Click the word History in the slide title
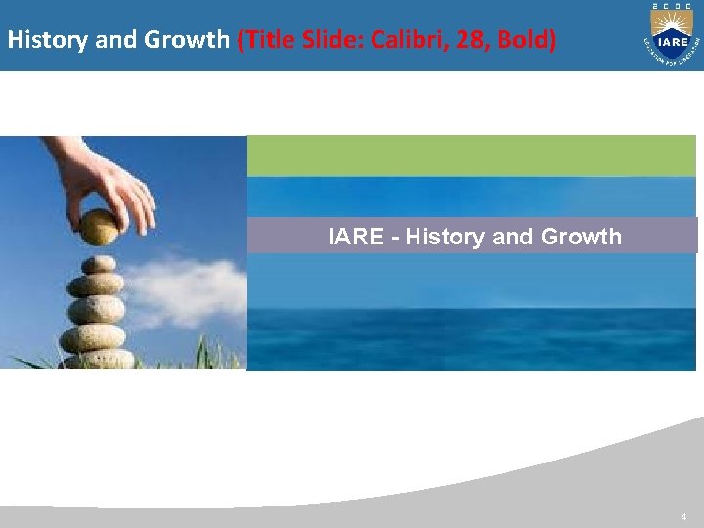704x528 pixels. [39, 41]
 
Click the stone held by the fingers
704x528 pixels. [99, 227]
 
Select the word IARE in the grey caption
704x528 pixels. [356, 236]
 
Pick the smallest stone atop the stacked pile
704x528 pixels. [98, 264]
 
